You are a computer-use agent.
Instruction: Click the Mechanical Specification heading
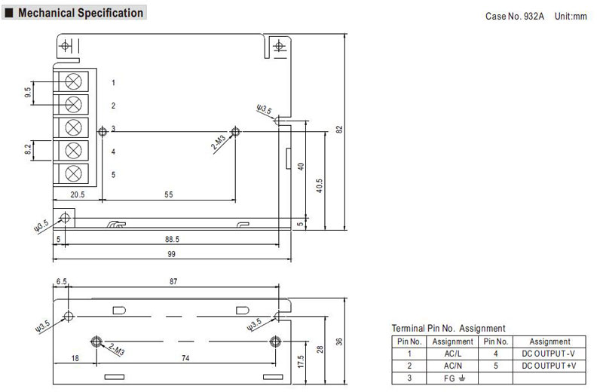81,13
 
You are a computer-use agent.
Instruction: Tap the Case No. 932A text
515,16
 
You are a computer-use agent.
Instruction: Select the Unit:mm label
571,16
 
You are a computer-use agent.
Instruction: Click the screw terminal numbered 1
73,81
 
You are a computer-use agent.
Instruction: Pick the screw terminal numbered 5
73,173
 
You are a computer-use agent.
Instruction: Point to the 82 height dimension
339,129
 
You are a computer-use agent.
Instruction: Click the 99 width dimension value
172,254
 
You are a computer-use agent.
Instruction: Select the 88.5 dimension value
173,239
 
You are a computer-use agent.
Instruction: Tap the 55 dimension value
169,194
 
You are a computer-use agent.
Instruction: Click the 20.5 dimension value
78,194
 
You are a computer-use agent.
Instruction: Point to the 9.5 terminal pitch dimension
28,92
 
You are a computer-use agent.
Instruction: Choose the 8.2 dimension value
28,149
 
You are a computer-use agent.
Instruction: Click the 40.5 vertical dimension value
319,185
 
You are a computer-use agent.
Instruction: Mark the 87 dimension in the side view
173,282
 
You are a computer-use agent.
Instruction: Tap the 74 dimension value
185,358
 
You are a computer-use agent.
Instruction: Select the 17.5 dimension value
301,362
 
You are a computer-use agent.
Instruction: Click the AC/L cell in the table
453,354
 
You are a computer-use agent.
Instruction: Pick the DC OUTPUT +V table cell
549,366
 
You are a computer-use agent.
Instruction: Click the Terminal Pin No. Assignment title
448,328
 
